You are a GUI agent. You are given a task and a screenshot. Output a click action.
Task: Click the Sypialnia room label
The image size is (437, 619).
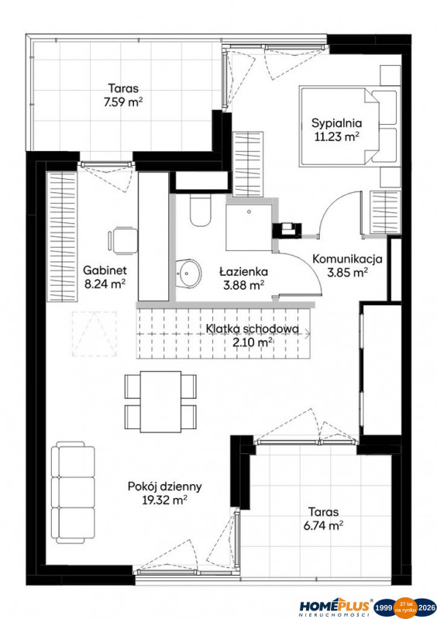[336, 123]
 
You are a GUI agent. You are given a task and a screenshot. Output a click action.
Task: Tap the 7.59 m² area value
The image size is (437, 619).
[122, 101]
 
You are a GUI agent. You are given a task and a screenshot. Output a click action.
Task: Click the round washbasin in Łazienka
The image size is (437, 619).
[188, 273]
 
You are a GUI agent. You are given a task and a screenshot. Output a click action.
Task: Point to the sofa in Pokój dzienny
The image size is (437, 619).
[74, 492]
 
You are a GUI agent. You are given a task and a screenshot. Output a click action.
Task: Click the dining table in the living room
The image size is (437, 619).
[160, 401]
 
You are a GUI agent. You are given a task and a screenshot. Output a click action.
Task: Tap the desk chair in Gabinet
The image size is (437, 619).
[122, 239]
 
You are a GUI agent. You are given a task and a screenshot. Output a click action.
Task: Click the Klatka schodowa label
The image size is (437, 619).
[253, 328]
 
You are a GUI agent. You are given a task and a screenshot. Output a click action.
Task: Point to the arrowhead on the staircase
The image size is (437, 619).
[307, 334]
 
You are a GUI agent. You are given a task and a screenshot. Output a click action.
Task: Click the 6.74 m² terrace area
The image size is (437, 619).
[323, 525]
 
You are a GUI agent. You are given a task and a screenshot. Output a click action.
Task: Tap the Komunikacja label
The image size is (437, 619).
[347, 259]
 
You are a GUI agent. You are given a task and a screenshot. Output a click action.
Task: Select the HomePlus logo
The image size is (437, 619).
[335, 607]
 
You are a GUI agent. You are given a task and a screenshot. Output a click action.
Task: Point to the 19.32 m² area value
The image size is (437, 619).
[164, 500]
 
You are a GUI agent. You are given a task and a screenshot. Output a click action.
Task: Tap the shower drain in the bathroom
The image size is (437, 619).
[249, 211]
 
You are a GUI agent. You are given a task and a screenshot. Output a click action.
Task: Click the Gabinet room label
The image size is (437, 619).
[105, 270]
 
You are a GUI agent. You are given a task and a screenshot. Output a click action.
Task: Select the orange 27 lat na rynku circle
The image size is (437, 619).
[405, 607]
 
